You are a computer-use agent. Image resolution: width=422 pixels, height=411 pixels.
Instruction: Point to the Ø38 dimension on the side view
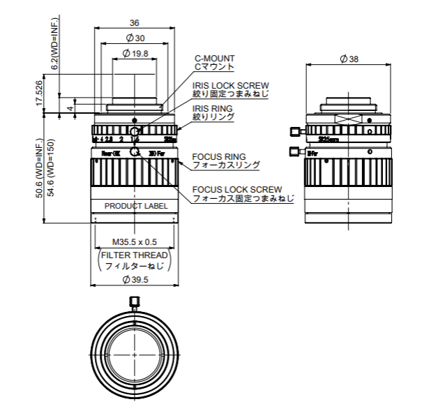click(x=349, y=59)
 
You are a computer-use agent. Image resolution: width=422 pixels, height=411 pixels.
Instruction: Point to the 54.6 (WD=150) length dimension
click(x=50, y=168)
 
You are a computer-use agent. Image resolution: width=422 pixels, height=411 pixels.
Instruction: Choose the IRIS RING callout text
click(x=213, y=109)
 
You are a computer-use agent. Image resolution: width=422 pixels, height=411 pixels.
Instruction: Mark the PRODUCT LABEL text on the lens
click(x=136, y=206)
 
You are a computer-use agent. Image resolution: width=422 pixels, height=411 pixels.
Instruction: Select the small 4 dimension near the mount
click(x=70, y=108)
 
